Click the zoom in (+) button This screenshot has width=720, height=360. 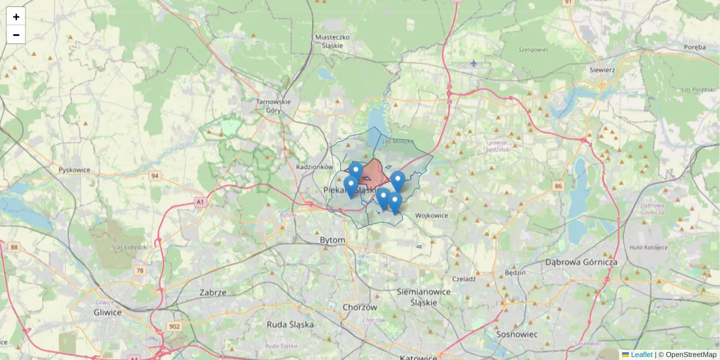click(16, 16)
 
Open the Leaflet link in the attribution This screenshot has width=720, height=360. click(641, 355)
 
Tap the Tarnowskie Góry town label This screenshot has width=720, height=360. click(273, 106)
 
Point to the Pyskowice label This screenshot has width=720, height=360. click(74, 170)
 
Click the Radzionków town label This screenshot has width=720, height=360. click(315, 167)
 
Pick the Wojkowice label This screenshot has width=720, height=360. click(432, 215)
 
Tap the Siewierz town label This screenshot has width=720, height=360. click(602, 70)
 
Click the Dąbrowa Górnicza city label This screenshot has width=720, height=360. click(581, 262)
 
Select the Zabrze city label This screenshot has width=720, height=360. click(213, 293)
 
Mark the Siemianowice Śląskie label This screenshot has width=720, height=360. click(424, 296)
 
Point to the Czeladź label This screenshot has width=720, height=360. click(464, 278)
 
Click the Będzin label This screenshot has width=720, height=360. click(515, 272)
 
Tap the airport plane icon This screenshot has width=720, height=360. click(474, 62)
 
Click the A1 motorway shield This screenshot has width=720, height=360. click(200, 203)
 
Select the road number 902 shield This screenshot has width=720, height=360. click(174, 326)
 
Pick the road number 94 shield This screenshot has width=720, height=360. click(155, 176)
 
